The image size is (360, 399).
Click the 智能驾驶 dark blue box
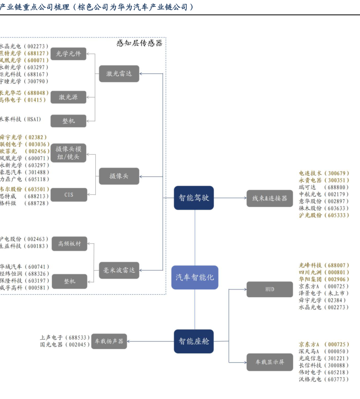pyautogui.click(x=194, y=198)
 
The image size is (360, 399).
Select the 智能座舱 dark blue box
pyautogui.click(x=194, y=341)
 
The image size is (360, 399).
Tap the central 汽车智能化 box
pyautogui.click(x=195, y=278)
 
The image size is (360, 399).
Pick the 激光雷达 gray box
pyautogui.click(x=119, y=74)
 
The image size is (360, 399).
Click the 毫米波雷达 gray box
pyautogui.click(x=119, y=269)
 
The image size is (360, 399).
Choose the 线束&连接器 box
pyautogui.click(x=270, y=198)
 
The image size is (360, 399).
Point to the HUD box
pyautogui.click(x=270, y=289)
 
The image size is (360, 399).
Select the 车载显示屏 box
pyautogui.click(x=270, y=362)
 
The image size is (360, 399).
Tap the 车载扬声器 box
pyautogui.click(x=109, y=341)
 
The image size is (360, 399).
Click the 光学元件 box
pyautogui.click(x=68, y=54)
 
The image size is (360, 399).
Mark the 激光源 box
pyautogui.click(x=68, y=97)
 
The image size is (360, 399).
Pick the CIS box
pyautogui.click(x=68, y=195)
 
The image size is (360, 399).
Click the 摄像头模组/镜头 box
pyautogui.click(x=68, y=153)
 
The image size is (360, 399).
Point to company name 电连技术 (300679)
pyautogui.click(x=324, y=173)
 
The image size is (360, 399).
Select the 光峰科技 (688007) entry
pyautogui.click(x=324, y=265)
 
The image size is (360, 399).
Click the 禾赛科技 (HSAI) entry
pyautogui.click(x=21, y=119)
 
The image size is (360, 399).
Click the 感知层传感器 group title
pyautogui.click(x=139, y=43)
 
